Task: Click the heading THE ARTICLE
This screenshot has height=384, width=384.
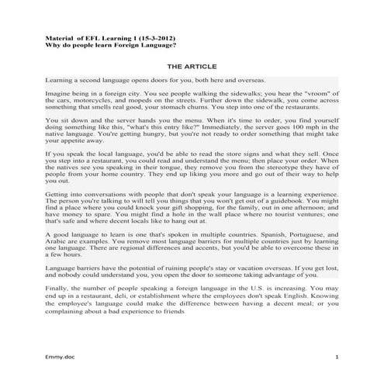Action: tap(192, 67)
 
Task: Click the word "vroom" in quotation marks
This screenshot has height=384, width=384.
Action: tap(320, 92)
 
